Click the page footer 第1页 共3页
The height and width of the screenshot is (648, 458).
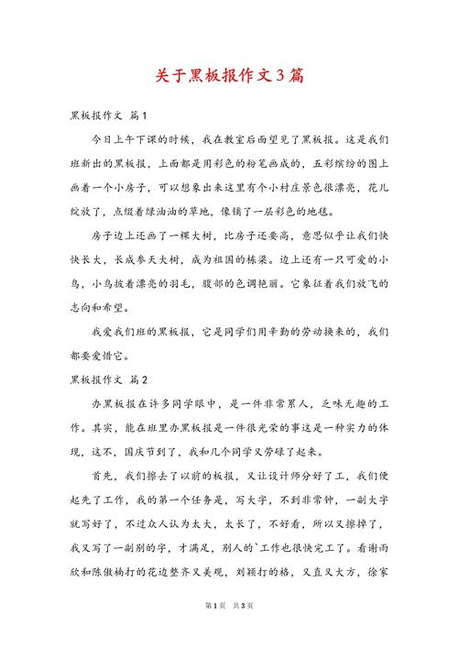229,629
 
